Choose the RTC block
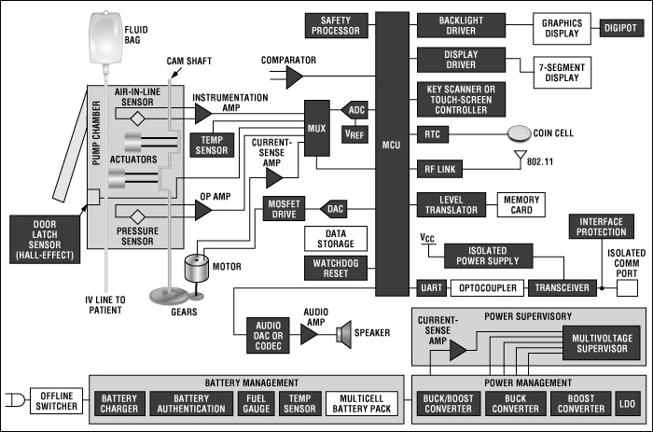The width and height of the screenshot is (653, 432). [431, 134]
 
